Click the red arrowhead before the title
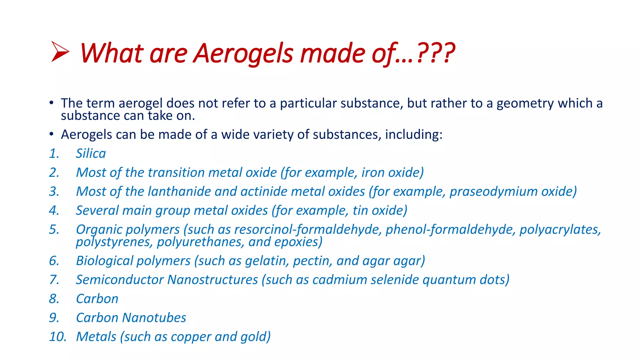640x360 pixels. tap(60, 52)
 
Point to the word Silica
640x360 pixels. tap(91, 153)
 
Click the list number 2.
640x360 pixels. tap(54, 172)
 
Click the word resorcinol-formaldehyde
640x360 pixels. tap(308, 230)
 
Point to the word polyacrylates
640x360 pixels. tap(560, 230)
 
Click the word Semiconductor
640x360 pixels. tap(120, 280)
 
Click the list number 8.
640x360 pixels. tap(54, 299)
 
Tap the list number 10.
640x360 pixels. tap(58, 337)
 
